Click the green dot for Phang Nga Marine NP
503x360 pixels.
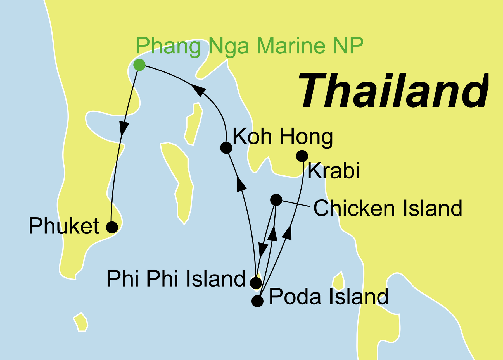[139, 65]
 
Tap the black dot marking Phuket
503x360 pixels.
[112, 227]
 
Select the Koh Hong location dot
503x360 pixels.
[226, 147]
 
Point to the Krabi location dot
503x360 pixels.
[302, 156]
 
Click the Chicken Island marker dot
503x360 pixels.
[276, 200]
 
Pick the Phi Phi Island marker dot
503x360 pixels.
[256, 283]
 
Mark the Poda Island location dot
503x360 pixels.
[257, 301]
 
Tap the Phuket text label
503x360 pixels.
[64, 226]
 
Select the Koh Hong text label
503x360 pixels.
[283, 137]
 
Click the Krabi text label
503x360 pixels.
[333, 171]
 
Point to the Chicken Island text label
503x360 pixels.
[388, 208]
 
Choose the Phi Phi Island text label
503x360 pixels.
[176, 279]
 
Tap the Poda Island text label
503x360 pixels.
[328, 297]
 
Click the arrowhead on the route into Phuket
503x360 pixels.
[124, 129]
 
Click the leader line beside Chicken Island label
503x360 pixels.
[296, 204]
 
